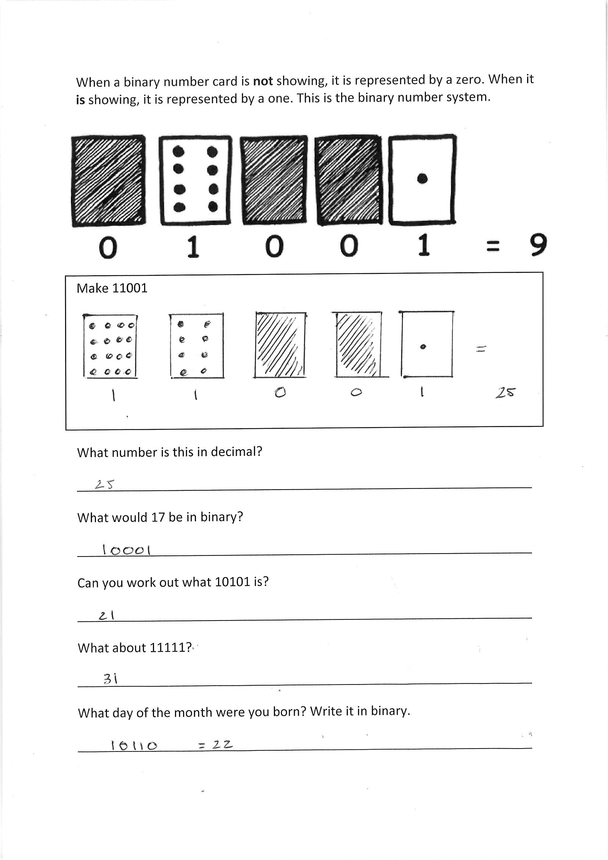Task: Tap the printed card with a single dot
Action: (422, 179)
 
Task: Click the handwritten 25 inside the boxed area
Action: (505, 392)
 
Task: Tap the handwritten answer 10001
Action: (126, 550)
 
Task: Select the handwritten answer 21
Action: (106, 615)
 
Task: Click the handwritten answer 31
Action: (110, 679)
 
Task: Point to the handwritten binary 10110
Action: (134, 745)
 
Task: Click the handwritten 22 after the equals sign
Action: (222, 744)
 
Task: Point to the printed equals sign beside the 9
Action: (492, 246)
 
